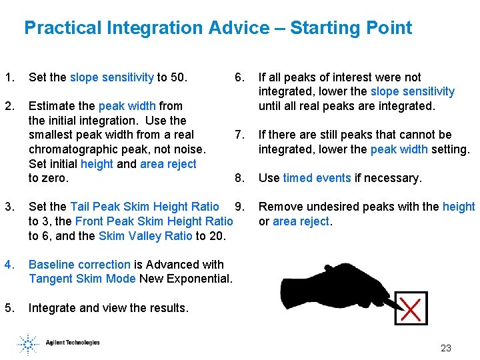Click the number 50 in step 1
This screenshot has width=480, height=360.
178,77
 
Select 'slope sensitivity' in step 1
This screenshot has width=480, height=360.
111,77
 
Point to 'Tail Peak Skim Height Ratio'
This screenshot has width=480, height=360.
144,207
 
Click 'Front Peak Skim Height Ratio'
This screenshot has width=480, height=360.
154,221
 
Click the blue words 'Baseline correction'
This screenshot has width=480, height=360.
79,265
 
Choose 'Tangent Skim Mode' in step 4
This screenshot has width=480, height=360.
82,279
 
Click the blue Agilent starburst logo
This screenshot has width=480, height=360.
28,343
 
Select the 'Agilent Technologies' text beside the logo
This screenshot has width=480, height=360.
73,343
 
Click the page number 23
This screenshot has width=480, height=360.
446,348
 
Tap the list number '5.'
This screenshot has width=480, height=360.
9,308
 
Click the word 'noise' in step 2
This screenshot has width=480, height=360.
189,149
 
